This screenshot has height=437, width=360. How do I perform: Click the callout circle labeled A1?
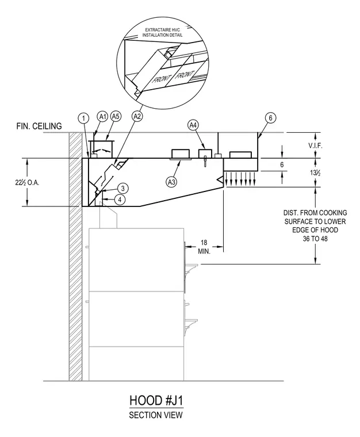[103, 117]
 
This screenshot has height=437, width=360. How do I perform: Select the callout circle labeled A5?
[116, 117]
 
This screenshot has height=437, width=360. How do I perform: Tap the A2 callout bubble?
[136, 116]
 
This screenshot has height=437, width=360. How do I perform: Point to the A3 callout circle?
[171, 182]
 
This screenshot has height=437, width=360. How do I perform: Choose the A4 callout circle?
[193, 125]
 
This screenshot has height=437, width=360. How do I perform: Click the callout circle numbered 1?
[83, 118]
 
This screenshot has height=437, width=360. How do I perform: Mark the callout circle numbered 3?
[122, 189]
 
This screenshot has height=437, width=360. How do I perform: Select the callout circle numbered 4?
[120, 200]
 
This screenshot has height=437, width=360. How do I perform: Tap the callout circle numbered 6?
[270, 118]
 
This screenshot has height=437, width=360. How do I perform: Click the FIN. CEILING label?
[39, 126]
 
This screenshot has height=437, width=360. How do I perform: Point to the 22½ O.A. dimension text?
[27, 183]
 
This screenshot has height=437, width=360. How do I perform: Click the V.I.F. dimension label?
[315, 145]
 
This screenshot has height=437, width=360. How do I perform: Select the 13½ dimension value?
[315, 173]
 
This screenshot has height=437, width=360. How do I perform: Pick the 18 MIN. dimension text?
[204, 247]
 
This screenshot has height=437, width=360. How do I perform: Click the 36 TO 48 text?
[315, 239]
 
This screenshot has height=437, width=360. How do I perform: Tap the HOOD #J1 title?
[156, 401]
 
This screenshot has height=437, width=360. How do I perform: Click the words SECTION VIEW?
[156, 415]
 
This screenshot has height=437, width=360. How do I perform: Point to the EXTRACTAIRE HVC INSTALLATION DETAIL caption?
[162, 32]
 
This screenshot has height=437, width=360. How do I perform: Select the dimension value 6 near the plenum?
[282, 164]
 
